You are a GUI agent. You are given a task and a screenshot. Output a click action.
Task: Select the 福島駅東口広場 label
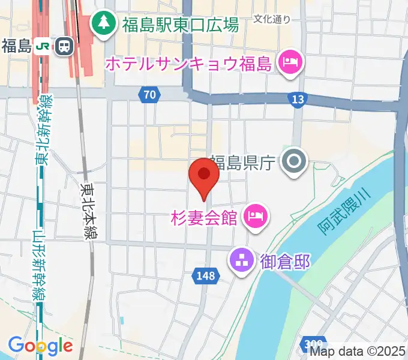(x=181, y=25)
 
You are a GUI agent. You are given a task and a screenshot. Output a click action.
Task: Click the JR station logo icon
(x=42, y=46)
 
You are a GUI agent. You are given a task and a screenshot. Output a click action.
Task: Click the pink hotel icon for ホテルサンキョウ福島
(x=290, y=62)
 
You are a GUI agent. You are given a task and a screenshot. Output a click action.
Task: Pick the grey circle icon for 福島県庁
(x=295, y=161)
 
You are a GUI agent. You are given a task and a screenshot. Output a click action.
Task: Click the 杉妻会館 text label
(x=205, y=216)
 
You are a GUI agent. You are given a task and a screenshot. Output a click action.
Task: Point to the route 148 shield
(x=204, y=275)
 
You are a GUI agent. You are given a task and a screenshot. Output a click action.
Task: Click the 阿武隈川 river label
(x=345, y=211)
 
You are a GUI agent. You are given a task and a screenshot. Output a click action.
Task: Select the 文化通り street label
(x=272, y=19)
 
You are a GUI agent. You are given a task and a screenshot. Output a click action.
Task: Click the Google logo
(x=40, y=346)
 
